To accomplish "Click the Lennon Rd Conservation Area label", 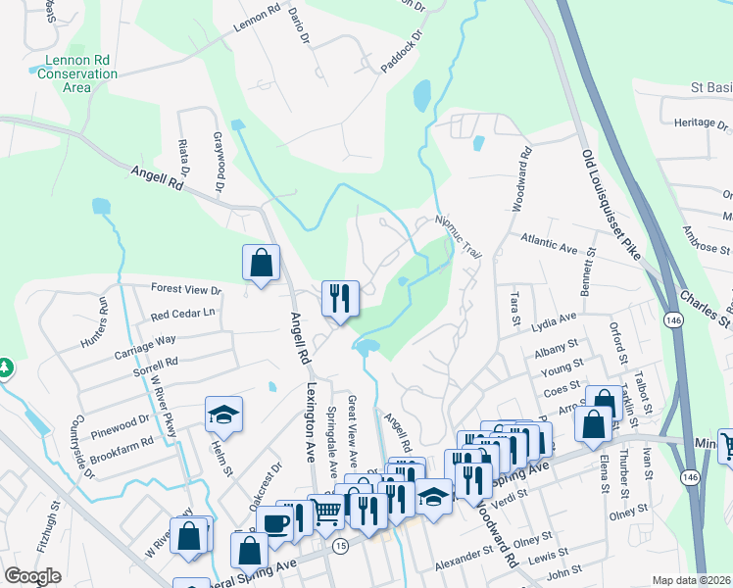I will click(81, 73).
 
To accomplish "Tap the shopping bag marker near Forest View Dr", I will click(261, 264).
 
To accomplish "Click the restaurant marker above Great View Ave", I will click(341, 298).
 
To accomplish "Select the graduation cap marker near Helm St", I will click(223, 416).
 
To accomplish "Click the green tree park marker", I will click(6, 367).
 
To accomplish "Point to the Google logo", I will click(33, 576).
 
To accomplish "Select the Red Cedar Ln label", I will click(182, 314).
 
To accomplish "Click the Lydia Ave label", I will click(554, 320).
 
